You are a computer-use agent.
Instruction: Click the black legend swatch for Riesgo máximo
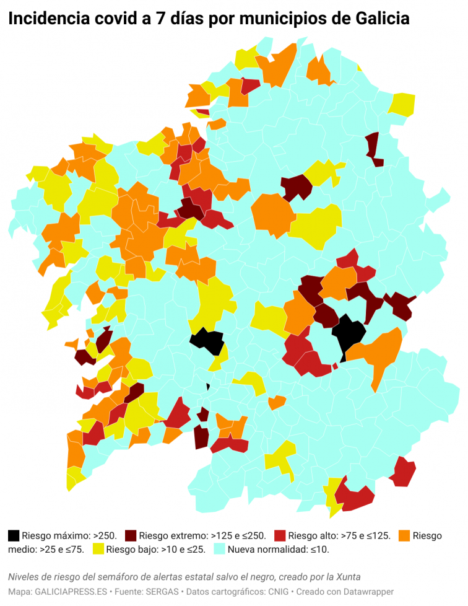[x=14, y=535]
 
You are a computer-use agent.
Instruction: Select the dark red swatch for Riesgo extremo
[x=130, y=535]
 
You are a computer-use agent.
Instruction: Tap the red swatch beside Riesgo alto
[x=280, y=535]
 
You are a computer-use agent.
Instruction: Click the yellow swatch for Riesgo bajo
[x=98, y=549]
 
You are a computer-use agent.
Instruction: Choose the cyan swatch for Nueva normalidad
[x=220, y=549]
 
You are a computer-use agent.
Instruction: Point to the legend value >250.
[x=105, y=535]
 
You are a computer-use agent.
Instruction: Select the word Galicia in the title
[x=383, y=19]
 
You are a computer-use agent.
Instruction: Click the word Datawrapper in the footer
[x=370, y=592]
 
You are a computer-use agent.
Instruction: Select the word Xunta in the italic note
[x=348, y=576]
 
